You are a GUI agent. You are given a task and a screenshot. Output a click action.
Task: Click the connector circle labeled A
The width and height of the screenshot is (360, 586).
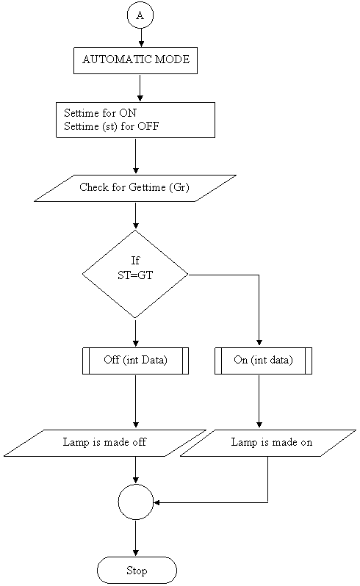(140, 15)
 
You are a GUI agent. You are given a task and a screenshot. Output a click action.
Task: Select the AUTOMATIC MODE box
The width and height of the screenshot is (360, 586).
(135, 60)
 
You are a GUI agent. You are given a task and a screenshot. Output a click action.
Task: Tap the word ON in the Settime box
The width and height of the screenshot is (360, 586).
(128, 112)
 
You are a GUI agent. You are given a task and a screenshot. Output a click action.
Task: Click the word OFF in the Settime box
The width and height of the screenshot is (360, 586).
(148, 126)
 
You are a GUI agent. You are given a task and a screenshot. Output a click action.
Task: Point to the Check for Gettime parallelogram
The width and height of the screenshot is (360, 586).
(135, 188)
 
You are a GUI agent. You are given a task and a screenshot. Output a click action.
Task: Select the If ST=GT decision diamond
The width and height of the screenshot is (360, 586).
(135, 275)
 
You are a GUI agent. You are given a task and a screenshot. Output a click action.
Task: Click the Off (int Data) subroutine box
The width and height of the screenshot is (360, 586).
(135, 361)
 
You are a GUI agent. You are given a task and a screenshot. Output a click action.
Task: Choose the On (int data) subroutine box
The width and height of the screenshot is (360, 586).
(263, 361)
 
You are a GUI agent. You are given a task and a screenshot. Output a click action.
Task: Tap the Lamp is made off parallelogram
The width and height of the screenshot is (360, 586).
(105, 443)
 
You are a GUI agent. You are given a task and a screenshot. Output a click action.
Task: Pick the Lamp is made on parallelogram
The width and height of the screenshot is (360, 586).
(268, 443)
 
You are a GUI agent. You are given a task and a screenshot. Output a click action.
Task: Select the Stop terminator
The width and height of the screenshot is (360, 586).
(137, 571)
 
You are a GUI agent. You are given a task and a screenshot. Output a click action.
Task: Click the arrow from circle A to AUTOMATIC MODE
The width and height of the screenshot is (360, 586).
(141, 37)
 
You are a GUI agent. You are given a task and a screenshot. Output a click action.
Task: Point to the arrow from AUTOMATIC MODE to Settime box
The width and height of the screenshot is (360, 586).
(140, 88)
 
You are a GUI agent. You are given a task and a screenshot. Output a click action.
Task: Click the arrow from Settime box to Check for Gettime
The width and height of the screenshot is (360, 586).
(136, 156)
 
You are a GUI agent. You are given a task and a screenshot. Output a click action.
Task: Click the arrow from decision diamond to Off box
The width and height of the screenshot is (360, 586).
(136, 333)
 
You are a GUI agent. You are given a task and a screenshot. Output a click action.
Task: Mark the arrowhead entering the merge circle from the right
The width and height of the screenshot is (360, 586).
(157, 502)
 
